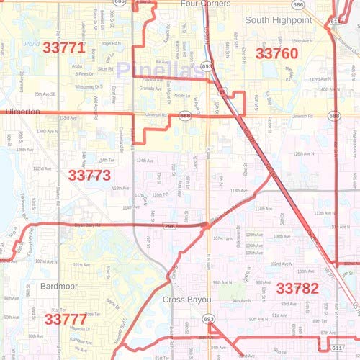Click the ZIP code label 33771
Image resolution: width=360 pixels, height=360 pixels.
tap(64, 48)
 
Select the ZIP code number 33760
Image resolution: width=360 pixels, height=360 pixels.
tap(276, 53)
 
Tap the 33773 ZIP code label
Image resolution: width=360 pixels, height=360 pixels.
tap(89, 175)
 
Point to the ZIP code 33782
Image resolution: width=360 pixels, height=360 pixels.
tap(297, 289)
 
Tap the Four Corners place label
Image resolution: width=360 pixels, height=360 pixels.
tap(205, 4)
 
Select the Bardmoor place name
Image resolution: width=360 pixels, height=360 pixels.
tap(46, 286)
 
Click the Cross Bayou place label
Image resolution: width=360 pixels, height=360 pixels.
tap(186, 299)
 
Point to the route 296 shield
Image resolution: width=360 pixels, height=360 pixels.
tap(169, 226)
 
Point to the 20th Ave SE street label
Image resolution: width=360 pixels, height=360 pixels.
tap(45, 94)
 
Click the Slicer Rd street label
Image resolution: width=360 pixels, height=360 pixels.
tap(105, 68)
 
